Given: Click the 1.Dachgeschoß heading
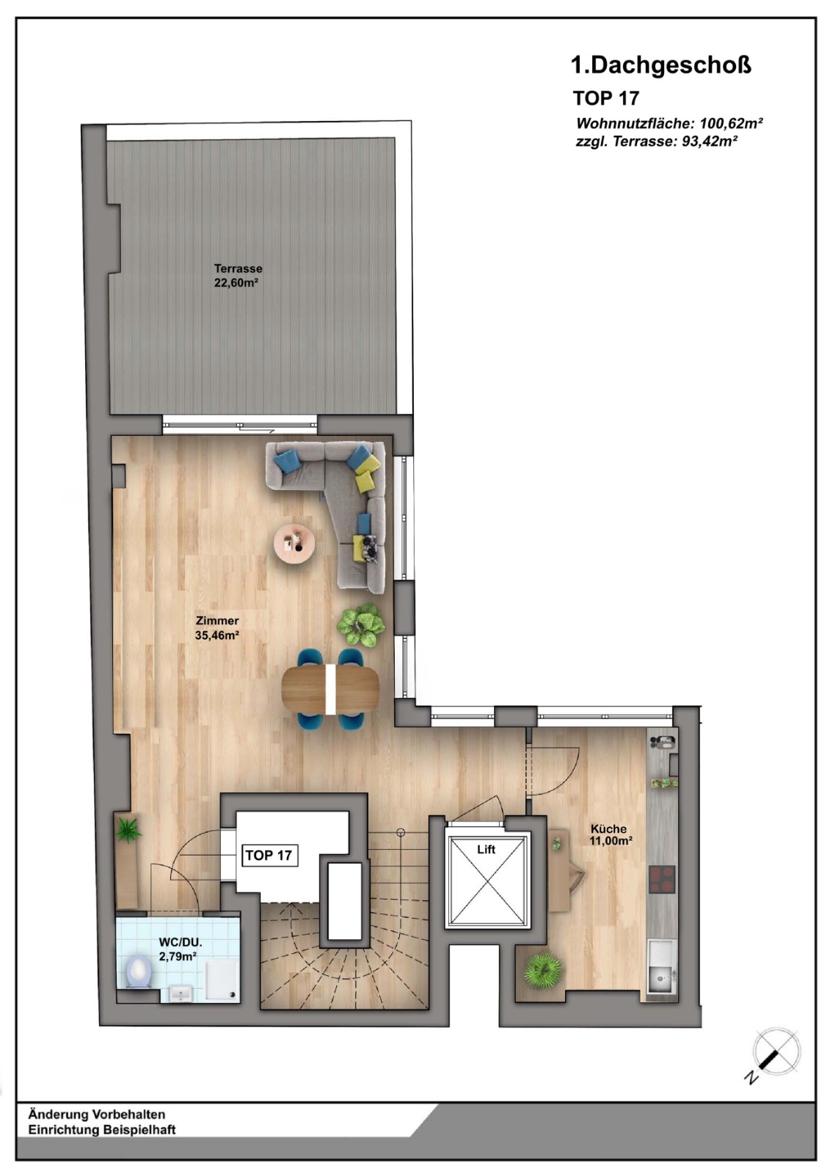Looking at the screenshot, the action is pos(660,65).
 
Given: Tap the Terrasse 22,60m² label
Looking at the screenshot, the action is pos(238,276).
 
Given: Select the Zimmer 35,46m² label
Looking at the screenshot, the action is pos(217,628).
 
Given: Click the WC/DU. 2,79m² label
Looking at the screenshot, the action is pos(180,949).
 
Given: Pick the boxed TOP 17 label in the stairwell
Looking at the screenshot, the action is pos(269,856).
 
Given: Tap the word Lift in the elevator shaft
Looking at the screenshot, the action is pos(486,850).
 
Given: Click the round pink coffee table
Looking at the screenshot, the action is pos(295,544).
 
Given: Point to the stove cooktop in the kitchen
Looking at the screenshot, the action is pos(662,880).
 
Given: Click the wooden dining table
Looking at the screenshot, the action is pos(330,689).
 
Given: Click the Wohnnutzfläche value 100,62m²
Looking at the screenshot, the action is pos(731,123).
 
